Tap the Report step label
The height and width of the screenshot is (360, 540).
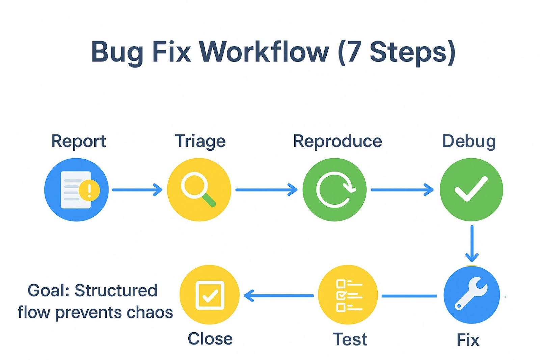[x=79, y=142]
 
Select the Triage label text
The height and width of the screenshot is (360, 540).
[x=200, y=142]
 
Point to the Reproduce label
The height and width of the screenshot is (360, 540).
[x=337, y=142]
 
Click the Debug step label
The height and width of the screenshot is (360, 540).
[x=469, y=142]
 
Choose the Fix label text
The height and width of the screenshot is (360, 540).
[x=468, y=340]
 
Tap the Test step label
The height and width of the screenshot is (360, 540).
[x=350, y=339]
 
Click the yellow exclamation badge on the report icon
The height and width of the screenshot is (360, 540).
[x=89, y=190]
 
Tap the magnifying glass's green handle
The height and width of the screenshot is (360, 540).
[x=209, y=200]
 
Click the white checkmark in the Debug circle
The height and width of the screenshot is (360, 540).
[x=471, y=189]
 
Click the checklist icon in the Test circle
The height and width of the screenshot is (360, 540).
[x=349, y=295]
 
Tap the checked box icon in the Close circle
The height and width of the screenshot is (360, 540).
[x=210, y=295]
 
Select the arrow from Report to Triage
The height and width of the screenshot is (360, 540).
[x=137, y=190]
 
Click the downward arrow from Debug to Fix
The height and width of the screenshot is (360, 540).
[x=472, y=244]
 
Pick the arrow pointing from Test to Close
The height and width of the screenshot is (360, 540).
[x=279, y=295]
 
